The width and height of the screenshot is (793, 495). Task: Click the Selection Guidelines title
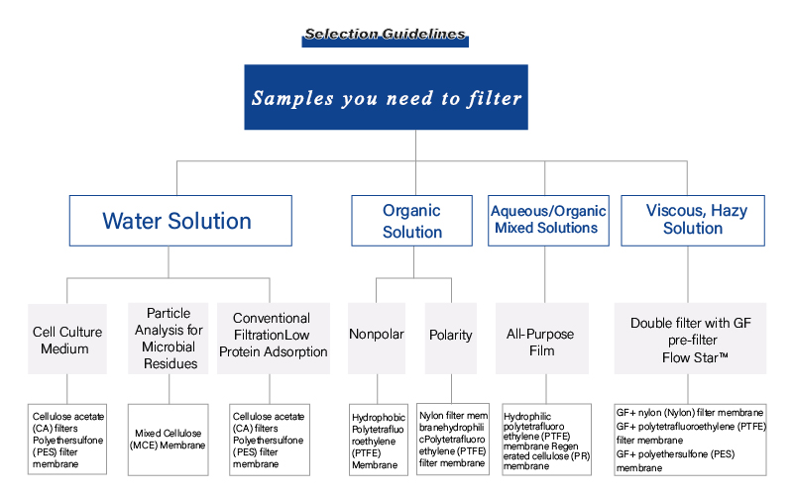pos(385,35)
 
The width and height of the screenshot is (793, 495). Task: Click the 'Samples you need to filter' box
pos(386,97)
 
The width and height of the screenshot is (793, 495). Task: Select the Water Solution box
pos(179,221)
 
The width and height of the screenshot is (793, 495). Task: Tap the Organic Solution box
pos(412,221)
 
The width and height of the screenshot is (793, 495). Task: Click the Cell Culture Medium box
pos(65,338)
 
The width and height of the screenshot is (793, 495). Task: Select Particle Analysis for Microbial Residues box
pos(169,338)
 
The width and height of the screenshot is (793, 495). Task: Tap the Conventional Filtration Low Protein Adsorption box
pos(273,338)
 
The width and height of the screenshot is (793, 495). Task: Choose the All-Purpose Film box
pos(544,338)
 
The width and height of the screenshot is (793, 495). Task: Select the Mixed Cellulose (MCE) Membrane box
pos(169,439)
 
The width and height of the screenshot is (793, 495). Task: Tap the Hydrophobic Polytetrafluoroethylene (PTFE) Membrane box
pos(377,439)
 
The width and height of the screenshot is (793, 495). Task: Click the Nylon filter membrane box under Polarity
pos(453,439)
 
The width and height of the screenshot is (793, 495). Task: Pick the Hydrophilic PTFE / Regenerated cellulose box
pos(547,439)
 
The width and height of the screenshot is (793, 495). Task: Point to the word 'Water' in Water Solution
pos(135,221)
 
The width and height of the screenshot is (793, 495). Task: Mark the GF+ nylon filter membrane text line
pos(690,413)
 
